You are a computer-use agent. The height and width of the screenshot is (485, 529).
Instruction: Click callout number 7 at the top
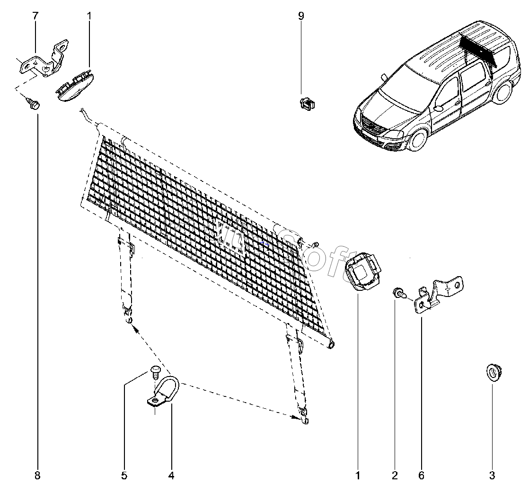[35, 16]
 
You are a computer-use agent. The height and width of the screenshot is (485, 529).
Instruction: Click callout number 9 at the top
[301, 16]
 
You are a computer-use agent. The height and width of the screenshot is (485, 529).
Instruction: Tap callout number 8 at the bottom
[38, 475]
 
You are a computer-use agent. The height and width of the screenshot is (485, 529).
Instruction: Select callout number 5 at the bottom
[124, 475]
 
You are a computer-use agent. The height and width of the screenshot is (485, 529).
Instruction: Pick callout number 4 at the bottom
[171, 475]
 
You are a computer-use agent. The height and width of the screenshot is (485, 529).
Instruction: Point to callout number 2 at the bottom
[395, 475]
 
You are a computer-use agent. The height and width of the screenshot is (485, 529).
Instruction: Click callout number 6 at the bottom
[421, 475]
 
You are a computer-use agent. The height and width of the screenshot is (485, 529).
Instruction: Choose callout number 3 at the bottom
[492, 475]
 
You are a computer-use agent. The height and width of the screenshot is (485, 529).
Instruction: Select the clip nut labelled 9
[308, 104]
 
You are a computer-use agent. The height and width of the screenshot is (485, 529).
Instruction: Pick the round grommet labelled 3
[494, 372]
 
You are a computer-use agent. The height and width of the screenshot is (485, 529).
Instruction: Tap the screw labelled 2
[398, 293]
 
